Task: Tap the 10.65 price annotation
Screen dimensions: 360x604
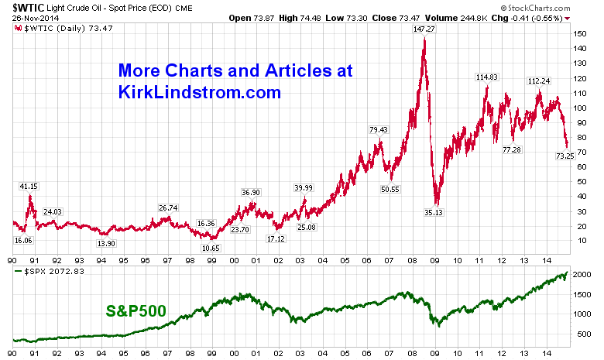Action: pos(211,248)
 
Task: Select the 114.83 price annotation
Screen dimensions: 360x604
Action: pos(486,77)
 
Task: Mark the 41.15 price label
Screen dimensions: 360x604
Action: pos(29,187)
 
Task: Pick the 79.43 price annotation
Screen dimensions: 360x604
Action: pos(379,129)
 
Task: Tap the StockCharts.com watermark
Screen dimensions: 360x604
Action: pos(563,8)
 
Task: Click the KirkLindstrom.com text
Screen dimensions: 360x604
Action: pos(199,92)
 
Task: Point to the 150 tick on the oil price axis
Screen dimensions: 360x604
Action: pos(580,34)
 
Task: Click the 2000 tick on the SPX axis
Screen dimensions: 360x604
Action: pos(582,276)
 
